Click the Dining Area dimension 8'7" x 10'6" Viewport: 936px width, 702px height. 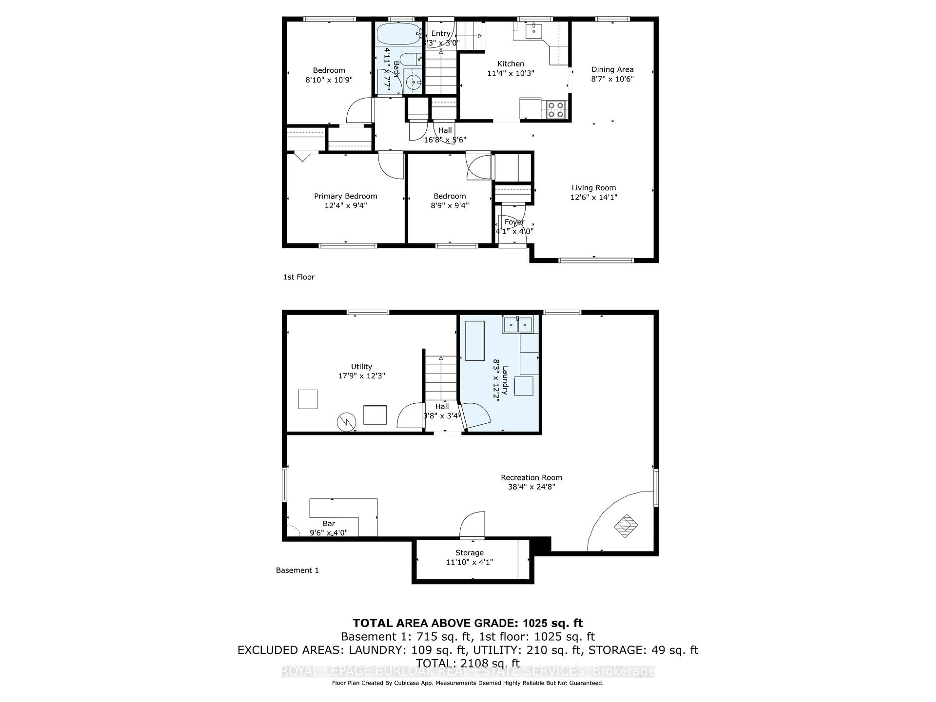612,79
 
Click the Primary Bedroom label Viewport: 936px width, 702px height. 345,196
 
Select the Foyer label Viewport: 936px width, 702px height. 514,222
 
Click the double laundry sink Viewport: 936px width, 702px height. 517,325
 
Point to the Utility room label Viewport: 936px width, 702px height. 361,366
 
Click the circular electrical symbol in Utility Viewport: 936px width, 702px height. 346,422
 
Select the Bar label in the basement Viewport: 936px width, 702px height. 329,523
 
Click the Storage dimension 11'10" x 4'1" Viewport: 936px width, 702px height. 469,562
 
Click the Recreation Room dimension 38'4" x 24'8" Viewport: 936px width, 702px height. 531,487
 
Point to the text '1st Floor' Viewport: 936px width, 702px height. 299,277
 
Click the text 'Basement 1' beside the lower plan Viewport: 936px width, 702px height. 297,570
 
